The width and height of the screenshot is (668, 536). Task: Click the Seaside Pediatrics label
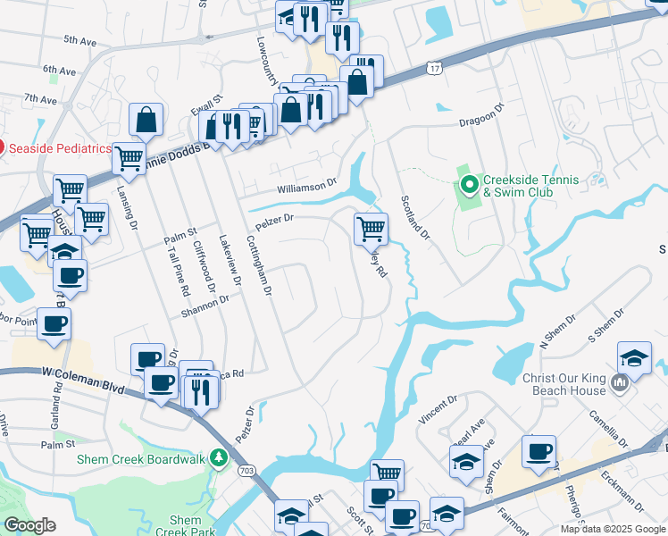pyautogui.click(x=61, y=148)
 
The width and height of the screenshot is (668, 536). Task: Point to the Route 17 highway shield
pyautogui.click(x=435, y=68)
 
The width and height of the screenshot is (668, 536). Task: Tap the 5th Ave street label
pyautogui.click(x=79, y=41)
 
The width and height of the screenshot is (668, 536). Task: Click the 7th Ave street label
pyautogui.click(x=41, y=98)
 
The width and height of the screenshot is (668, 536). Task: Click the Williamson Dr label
pyautogui.click(x=306, y=187)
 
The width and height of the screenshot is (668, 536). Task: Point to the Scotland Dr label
pyautogui.click(x=415, y=219)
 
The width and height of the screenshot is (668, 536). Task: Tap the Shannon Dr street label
pyautogui.click(x=205, y=306)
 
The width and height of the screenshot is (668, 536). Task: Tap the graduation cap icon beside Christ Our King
pyautogui.click(x=634, y=358)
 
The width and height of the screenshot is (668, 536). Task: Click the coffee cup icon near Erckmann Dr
pyautogui.click(x=539, y=451)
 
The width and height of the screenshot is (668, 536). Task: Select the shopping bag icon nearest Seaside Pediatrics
pyautogui.click(x=146, y=120)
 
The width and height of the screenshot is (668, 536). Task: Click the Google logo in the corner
pyautogui.click(x=29, y=525)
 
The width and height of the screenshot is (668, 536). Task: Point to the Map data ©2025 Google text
pyautogui.click(x=613, y=529)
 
